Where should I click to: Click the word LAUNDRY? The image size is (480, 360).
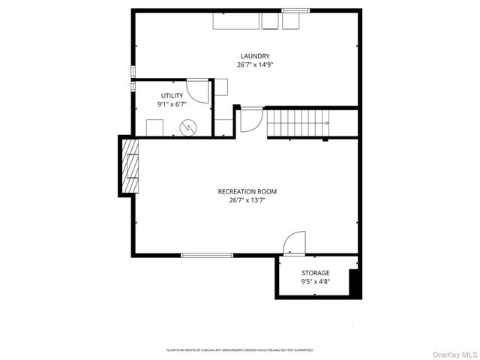[x=255, y=56]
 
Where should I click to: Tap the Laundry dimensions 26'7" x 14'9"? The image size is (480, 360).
[x=255, y=65]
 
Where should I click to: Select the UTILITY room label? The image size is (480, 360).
[x=172, y=95]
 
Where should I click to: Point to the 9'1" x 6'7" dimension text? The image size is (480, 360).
[x=172, y=104]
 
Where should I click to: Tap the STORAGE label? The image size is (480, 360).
[x=315, y=273]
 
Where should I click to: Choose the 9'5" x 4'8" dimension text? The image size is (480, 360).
[x=315, y=282]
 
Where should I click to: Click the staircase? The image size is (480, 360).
[x=298, y=122]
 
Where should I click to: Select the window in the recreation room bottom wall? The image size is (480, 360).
[x=206, y=256]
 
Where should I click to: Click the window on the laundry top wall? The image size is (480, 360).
[x=295, y=10]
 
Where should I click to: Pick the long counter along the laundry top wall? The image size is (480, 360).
[x=236, y=21]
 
